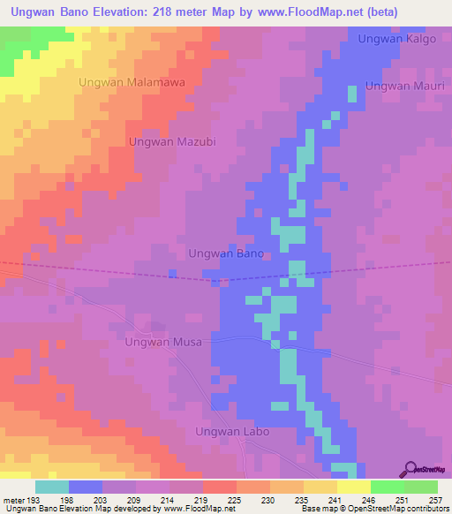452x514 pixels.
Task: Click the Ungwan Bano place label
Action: click(227, 253)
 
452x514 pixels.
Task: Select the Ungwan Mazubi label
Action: click(172, 141)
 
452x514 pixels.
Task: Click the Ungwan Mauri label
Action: click(401, 87)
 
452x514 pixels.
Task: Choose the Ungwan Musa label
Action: click(163, 342)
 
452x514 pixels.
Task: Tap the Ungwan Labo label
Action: click(231, 432)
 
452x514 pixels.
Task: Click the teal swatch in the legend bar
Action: click(51, 487)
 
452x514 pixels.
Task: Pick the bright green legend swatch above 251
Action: click(387, 487)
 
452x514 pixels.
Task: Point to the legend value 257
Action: click(435, 500)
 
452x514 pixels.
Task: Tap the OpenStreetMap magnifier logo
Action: click(411, 469)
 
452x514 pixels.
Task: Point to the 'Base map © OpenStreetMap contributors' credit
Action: click(374, 509)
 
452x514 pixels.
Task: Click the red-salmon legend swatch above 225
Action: click(219, 487)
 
